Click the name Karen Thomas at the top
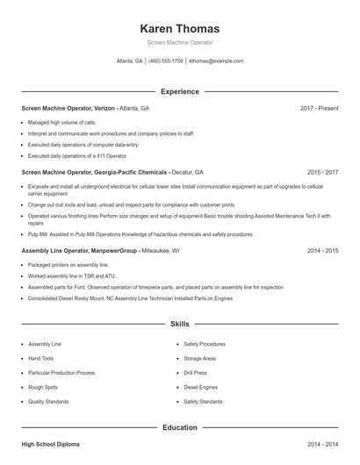(179, 28)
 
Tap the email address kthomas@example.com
(215, 61)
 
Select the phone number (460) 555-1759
(166, 61)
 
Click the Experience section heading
(179, 91)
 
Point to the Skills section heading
(179, 324)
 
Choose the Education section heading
(179, 427)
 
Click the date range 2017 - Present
(319, 108)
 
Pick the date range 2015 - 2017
(322, 173)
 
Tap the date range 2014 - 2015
(322, 250)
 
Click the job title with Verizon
(85, 108)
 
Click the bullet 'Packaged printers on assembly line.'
(68, 264)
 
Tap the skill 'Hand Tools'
(40, 358)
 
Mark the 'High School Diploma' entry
(50, 445)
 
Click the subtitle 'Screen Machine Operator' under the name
(179, 42)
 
